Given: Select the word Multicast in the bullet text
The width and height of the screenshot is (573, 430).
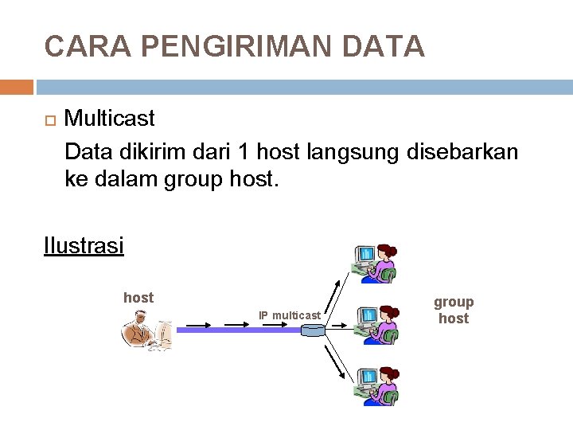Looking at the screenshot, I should [109, 119].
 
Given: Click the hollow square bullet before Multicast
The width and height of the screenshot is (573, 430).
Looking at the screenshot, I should [49, 120].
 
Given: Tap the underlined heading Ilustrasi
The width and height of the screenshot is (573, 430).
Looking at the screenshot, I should [84, 245].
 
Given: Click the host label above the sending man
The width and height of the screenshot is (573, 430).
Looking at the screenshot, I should [138, 298].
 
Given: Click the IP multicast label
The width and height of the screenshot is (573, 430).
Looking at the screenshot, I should [290, 316].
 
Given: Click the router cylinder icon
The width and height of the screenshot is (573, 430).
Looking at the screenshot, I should [313, 329].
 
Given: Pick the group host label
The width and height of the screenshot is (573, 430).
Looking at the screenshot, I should [454, 310].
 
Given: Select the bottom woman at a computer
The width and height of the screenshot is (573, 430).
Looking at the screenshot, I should [377, 385].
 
